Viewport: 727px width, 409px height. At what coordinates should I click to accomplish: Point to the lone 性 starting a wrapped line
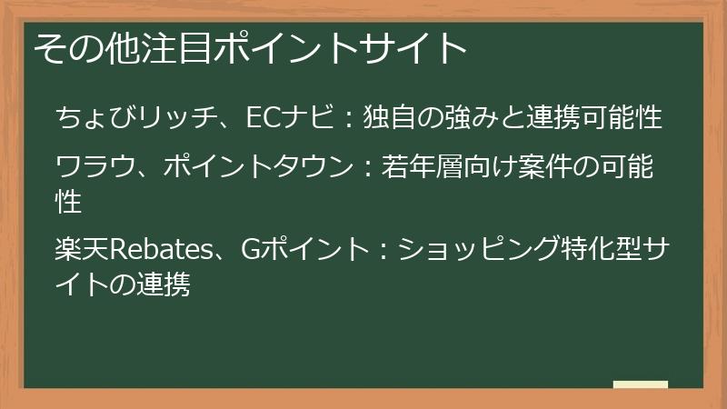click(x=69, y=201)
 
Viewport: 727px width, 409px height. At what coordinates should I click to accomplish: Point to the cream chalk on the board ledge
click(x=640, y=384)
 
